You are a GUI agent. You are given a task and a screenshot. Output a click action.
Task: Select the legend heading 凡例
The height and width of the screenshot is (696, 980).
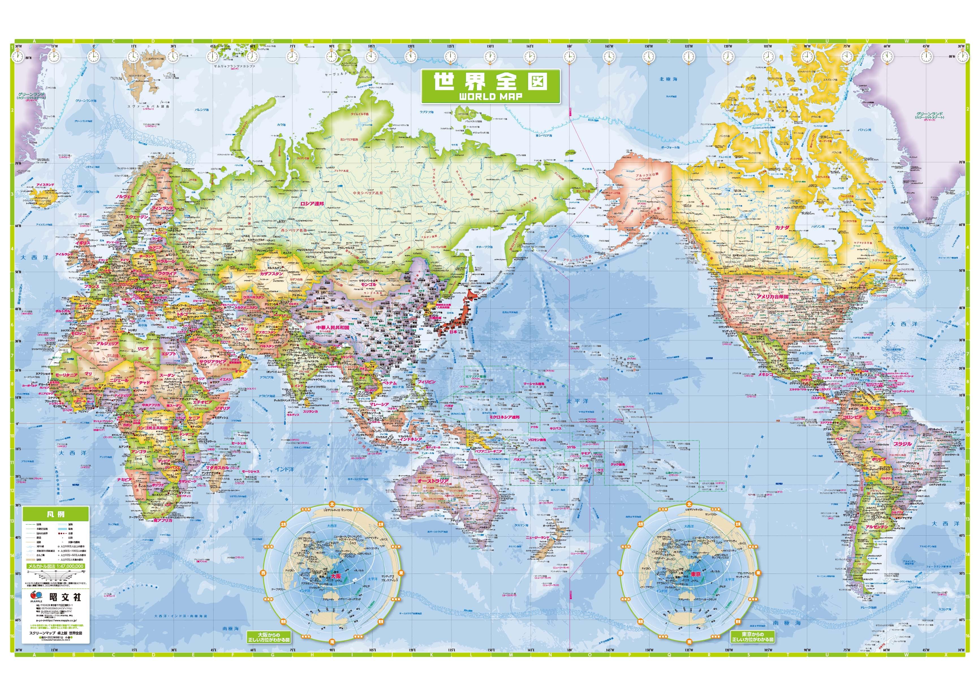56,514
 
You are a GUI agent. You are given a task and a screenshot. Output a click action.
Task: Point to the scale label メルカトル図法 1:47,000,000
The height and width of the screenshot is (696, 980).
56,566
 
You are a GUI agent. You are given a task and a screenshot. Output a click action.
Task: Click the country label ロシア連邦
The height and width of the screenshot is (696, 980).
312,204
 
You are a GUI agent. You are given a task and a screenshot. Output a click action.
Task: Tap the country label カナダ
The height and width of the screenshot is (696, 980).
782,228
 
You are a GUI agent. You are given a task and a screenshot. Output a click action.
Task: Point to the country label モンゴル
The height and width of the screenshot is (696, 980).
369,285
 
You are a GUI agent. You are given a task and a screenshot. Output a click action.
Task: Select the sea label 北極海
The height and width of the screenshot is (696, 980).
669,79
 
